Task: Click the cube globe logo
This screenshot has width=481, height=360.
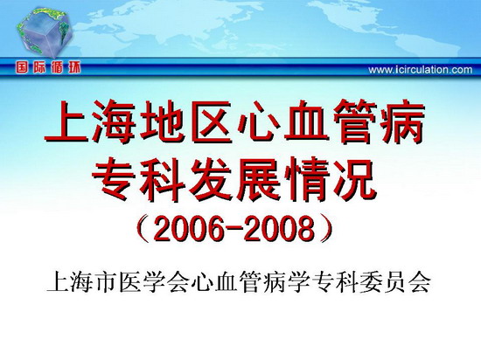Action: coord(45,32)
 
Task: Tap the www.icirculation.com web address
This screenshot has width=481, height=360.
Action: coord(421,70)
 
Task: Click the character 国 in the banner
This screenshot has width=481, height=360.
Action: coord(22,67)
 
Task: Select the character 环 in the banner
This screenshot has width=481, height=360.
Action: coord(74,67)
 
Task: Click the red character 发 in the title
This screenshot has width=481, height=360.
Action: coord(211,179)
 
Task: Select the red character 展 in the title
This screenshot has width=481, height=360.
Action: coord(259,179)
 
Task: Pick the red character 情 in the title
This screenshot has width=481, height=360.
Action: coord(307,179)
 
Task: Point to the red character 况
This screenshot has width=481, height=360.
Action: coord(354,179)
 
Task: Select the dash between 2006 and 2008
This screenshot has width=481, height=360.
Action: coord(234,230)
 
